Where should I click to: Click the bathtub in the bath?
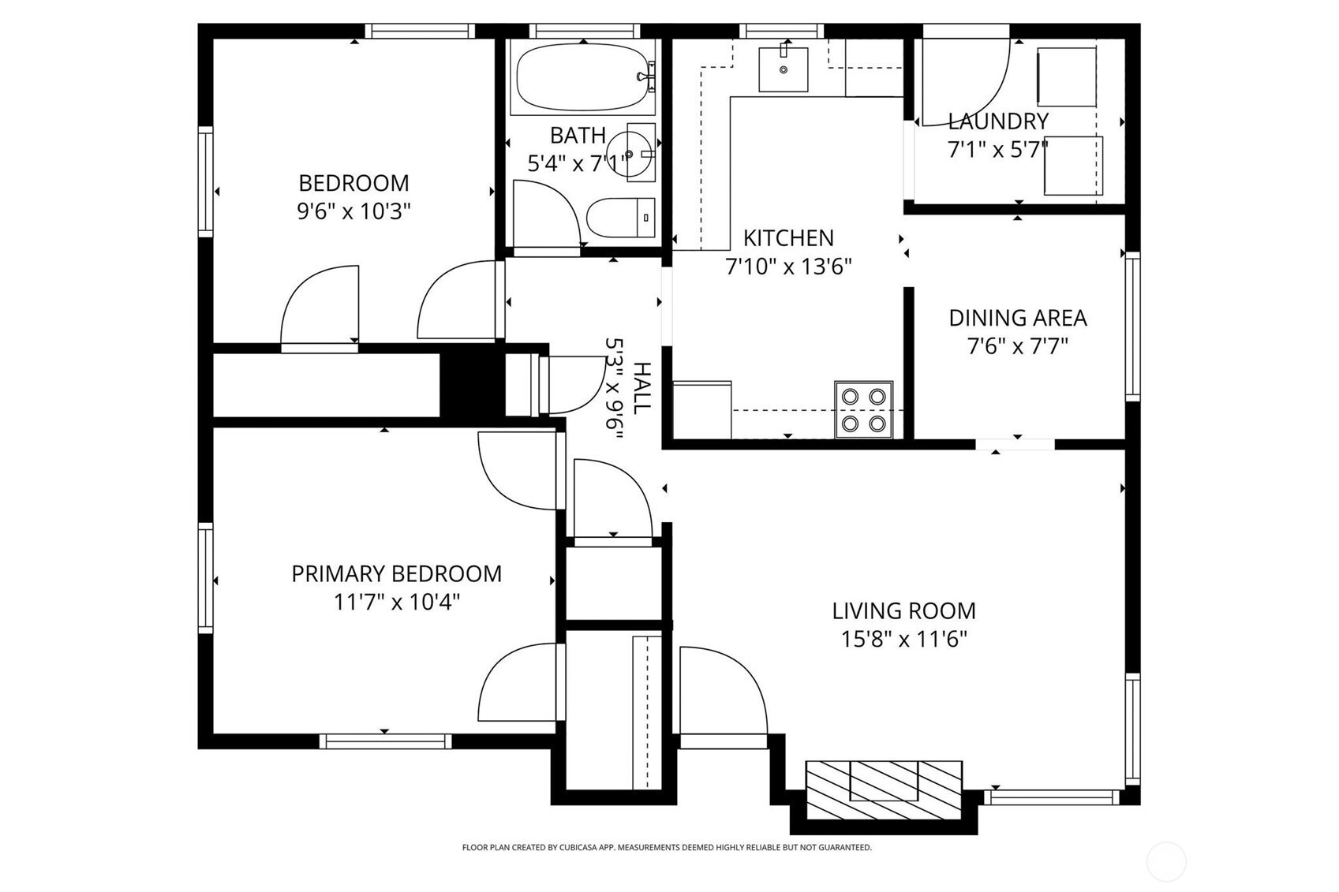[x=583, y=77]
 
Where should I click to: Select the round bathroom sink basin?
[x=629, y=154]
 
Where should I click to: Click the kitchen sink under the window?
[x=783, y=69]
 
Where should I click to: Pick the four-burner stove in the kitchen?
[x=864, y=410]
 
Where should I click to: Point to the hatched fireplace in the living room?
[x=884, y=789]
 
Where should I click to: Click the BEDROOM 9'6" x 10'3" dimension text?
[x=353, y=211]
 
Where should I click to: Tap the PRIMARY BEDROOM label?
[x=396, y=573]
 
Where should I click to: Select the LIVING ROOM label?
[x=903, y=610]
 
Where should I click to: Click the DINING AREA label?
[x=1017, y=318]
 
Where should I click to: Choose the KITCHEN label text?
[x=788, y=237]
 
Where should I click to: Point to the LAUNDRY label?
[x=998, y=121]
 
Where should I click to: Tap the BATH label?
[x=578, y=136]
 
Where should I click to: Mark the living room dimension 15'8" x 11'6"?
[x=903, y=640]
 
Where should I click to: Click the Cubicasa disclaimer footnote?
[x=667, y=847]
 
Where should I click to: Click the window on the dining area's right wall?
[x=1133, y=327]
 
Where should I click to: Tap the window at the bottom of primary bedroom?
[x=386, y=741]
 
